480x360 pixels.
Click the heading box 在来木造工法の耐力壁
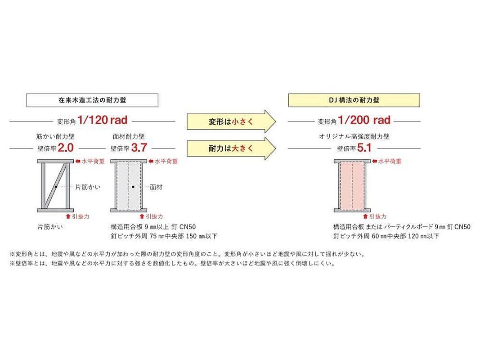(x=92, y=100)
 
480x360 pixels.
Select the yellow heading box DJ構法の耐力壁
(x=354, y=100)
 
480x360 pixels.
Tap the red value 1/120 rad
(x=102, y=120)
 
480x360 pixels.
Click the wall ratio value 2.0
(x=65, y=148)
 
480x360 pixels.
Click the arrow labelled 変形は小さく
(x=230, y=121)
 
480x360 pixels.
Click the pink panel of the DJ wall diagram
(x=352, y=185)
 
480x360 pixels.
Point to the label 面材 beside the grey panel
(x=156, y=186)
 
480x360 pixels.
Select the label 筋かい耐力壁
(x=52, y=135)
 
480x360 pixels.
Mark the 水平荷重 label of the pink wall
(x=390, y=161)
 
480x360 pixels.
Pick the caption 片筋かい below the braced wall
(x=50, y=227)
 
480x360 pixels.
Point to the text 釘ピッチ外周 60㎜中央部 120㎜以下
(x=386, y=236)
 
